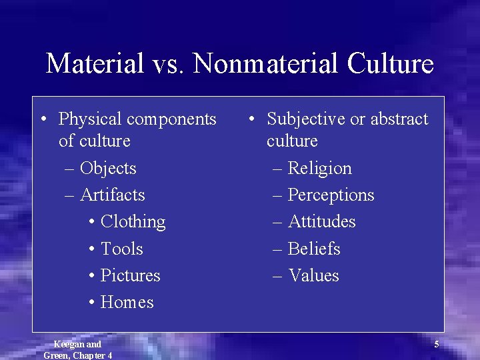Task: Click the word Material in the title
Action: click(95, 64)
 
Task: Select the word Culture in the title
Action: click(390, 64)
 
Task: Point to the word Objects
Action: click(108, 168)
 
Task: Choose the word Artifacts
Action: click(113, 195)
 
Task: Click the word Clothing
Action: click(133, 222)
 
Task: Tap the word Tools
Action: click(121, 249)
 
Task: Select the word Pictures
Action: click(130, 275)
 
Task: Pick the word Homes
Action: click(127, 302)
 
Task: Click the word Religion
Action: click(319, 168)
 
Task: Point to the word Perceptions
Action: click(331, 195)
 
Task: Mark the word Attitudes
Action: click(321, 221)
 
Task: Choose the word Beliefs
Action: click(314, 249)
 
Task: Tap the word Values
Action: click(313, 275)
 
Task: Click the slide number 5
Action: click(437, 345)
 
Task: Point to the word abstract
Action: click(399, 119)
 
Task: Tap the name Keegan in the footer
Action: click(69, 344)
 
